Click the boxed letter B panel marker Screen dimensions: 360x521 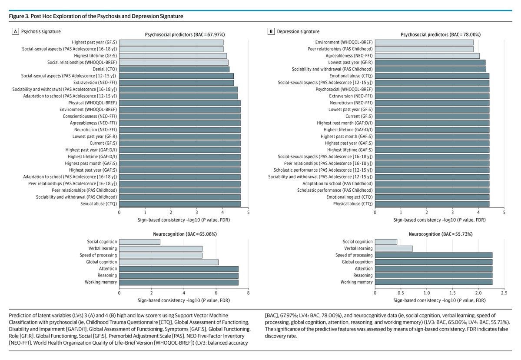272,31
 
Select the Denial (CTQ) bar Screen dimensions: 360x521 174,69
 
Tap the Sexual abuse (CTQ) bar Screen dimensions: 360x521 179,203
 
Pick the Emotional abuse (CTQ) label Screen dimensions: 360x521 351,76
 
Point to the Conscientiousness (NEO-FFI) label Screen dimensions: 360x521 90,116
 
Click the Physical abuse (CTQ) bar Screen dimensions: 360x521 432,203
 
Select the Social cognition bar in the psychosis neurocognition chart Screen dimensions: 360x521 139,242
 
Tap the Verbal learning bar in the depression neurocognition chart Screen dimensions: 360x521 394,248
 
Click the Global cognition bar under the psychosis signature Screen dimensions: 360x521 169,262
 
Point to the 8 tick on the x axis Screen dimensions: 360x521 248,293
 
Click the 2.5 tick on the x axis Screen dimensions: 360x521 504,293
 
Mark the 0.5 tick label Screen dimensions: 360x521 401,293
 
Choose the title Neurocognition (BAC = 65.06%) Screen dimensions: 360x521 185,234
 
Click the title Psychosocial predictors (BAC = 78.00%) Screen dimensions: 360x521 440,34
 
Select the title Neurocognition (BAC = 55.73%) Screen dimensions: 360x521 440,234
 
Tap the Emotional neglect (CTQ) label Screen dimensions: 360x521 349,197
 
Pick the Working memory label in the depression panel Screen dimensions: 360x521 356,282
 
